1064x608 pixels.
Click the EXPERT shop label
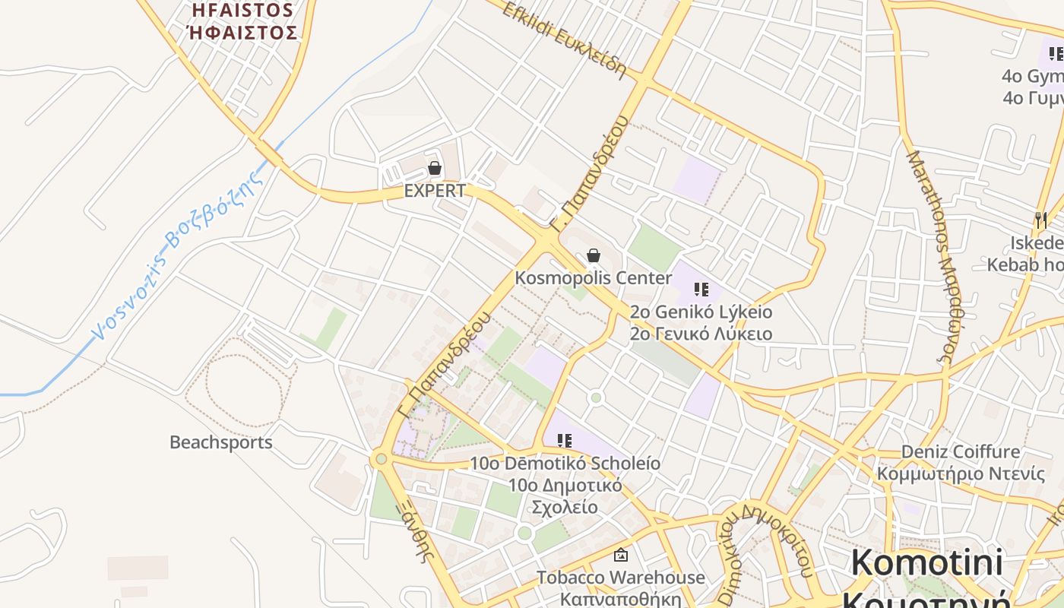(435, 191)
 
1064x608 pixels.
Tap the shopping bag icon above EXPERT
(435, 168)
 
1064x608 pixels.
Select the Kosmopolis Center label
(594, 277)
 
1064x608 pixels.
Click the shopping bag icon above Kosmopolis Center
(594, 255)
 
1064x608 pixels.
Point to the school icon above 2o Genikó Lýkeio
(701, 290)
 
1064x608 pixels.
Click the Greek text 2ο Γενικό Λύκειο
(701, 334)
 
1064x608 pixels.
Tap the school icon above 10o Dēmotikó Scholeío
(564, 440)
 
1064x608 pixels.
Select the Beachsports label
(220, 442)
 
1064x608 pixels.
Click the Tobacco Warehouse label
(621, 578)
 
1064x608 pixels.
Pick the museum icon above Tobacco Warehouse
(621, 556)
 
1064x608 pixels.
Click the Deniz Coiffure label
(961, 452)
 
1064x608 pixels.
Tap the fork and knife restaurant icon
(1041, 220)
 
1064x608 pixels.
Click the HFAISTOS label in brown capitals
(242, 11)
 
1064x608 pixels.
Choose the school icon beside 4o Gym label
(1056, 54)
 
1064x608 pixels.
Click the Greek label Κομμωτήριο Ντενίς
(961, 474)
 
